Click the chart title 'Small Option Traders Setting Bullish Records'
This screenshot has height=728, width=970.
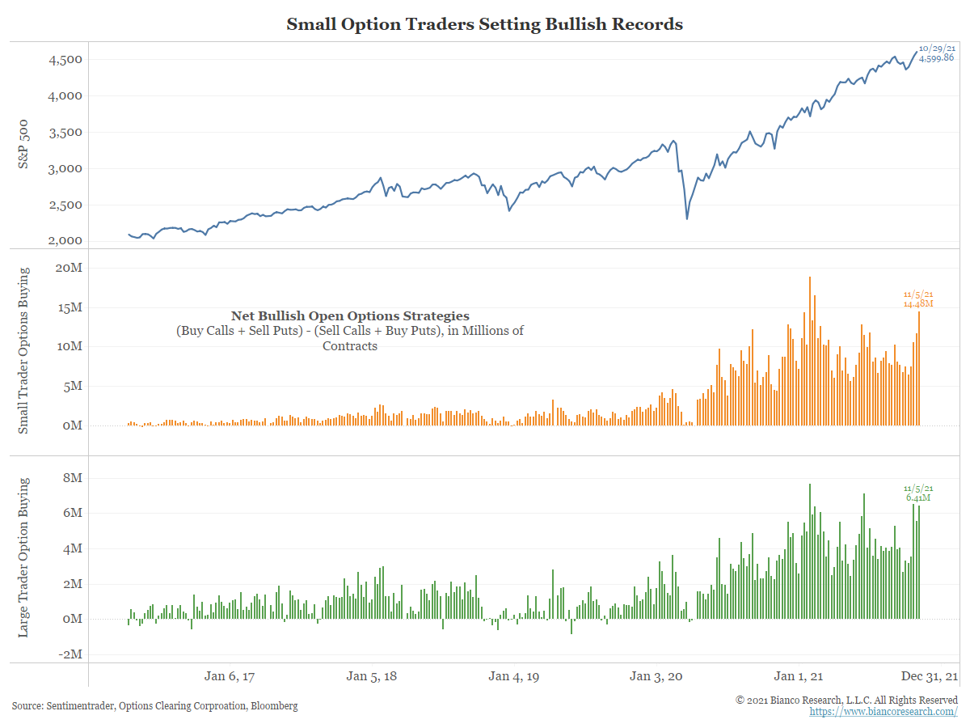tap(484, 24)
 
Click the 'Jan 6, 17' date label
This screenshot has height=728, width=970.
tap(230, 676)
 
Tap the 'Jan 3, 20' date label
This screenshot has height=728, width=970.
tap(656, 676)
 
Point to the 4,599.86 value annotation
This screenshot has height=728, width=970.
tap(936, 58)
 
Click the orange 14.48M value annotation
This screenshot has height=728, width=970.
tap(918, 304)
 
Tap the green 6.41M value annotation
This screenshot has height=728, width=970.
tap(918, 498)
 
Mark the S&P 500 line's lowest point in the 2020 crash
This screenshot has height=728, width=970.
tap(687, 218)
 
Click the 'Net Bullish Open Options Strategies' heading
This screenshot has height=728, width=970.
tap(350, 316)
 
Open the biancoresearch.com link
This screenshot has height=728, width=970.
tap(884, 712)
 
